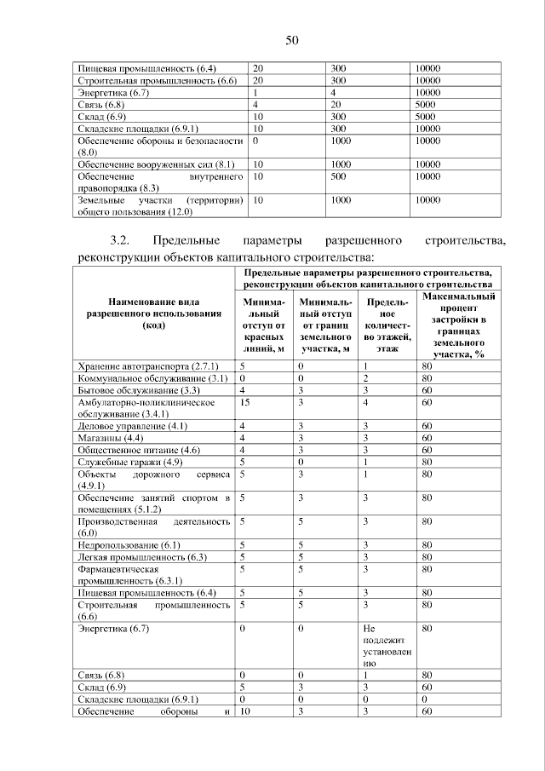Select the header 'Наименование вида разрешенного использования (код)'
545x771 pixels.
(154, 313)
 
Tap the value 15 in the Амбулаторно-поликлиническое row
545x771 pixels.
(245, 400)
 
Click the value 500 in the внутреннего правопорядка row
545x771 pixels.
(340, 175)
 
